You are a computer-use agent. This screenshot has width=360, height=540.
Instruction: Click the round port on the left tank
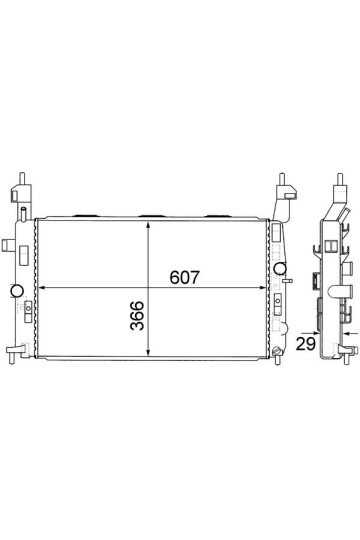click(16, 291)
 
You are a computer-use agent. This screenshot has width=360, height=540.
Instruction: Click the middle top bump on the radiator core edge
click(151, 214)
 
